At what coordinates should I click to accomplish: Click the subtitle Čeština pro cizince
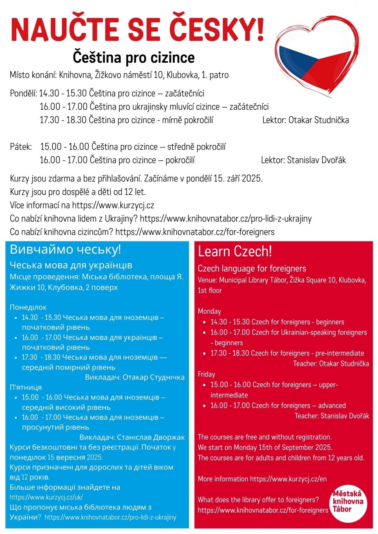click(x=134, y=58)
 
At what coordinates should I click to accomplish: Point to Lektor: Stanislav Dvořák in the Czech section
click(x=303, y=160)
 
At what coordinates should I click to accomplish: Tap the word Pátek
click(x=21, y=147)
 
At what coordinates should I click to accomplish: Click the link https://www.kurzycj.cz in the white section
click(x=113, y=205)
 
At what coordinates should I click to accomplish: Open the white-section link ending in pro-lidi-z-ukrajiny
click(x=226, y=219)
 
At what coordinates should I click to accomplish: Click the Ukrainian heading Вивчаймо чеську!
click(x=65, y=250)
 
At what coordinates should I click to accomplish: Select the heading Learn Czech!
click(x=235, y=252)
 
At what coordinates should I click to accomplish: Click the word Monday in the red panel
click(x=209, y=311)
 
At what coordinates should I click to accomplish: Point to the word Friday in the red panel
click(x=206, y=374)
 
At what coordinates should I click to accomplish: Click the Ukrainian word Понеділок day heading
click(x=28, y=307)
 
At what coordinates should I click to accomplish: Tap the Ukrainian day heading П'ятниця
click(x=25, y=387)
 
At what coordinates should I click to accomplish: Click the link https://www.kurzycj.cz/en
click(x=288, y=479)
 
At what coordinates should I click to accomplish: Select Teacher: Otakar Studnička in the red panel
click(x=331, y=364)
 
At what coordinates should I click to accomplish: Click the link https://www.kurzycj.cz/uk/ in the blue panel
click(x=46, y=497)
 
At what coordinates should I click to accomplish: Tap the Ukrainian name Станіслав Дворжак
click(x=151, y=437)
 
